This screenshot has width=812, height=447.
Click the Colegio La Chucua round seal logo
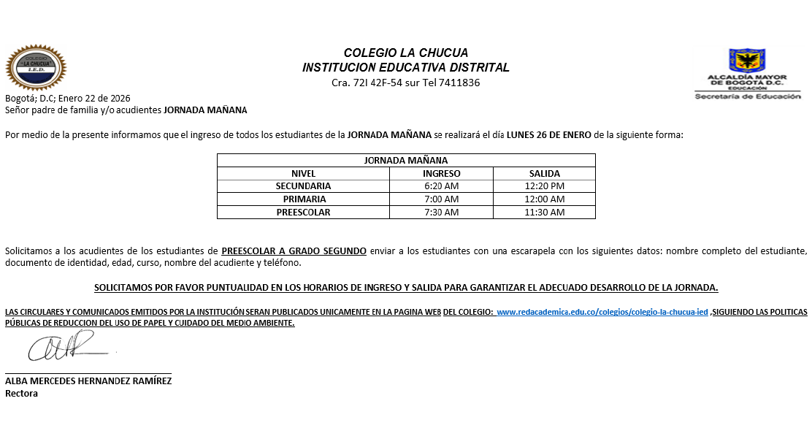36,68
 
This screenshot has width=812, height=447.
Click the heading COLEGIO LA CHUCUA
406,53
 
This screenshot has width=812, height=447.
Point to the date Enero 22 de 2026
88,98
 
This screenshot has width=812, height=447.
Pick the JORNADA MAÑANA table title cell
406,160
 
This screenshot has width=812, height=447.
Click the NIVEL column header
303,173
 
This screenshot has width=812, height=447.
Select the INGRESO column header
441,173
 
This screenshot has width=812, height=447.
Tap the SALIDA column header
544,173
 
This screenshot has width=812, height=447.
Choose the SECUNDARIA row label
303,186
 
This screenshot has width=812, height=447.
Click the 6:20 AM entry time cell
441,186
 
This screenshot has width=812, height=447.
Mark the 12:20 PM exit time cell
544,186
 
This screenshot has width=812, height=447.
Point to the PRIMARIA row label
303,199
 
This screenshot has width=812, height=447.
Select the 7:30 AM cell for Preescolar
441,213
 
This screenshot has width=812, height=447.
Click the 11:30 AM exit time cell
544,213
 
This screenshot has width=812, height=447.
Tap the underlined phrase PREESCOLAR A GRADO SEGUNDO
294,251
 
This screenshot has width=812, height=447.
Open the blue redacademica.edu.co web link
602,313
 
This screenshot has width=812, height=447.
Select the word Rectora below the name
21,393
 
